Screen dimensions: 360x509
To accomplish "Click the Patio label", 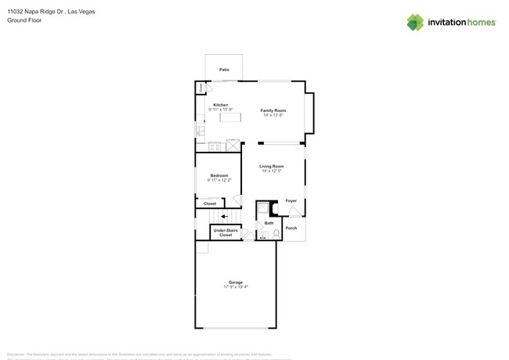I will coord(225,70).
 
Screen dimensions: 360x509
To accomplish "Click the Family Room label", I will coord(273,110).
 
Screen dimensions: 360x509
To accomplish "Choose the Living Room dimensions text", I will coord(272,171).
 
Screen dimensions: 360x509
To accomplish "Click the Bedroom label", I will coord(219,175).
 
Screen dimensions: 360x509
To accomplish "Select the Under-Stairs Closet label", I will coord(225,232).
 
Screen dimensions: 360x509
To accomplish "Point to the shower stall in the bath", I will coord(263,208).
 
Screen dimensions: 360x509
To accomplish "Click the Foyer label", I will coord(291,201).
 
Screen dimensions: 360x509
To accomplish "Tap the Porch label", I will coord(291,228).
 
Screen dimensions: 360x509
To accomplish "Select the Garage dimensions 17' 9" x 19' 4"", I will coord(235,286).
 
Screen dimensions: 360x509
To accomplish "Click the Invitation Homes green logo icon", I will coord(415,22).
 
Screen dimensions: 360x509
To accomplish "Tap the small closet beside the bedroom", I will coord(210,203).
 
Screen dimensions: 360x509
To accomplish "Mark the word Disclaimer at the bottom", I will coord(16,353).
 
